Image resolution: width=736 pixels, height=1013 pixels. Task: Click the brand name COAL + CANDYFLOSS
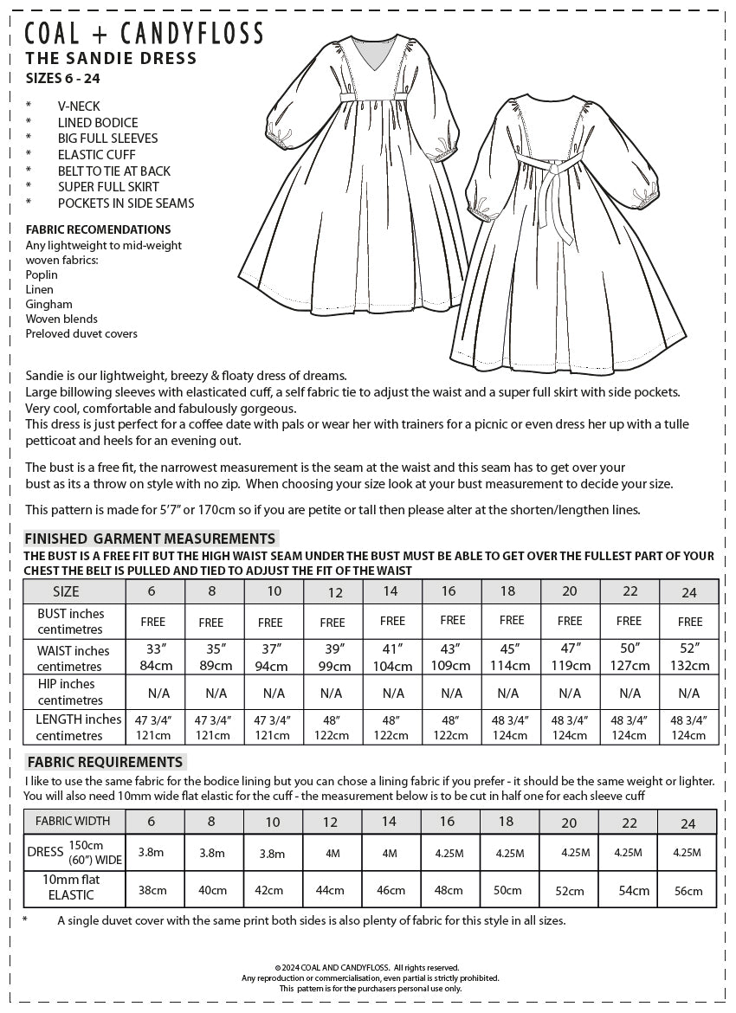(x=145, y=34)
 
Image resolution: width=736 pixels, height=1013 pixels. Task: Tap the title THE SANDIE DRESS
(x=112, y=59)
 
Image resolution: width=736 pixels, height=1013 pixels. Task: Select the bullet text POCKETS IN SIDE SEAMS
(x=126, y=203)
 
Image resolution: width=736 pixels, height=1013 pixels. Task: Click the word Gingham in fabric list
(x=48, y=304)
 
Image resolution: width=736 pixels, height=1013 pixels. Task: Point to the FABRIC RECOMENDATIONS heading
(x=98, y=229)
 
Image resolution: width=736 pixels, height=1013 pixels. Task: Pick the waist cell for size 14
(x=392, y=657)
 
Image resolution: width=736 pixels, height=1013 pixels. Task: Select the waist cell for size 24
(x=690, y=657)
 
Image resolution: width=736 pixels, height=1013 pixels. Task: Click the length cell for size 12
(x=332, y=727)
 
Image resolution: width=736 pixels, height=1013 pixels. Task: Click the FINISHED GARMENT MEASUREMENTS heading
(x=150, y=539)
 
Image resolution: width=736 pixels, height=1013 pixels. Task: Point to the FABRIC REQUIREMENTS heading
(x=105, y=762)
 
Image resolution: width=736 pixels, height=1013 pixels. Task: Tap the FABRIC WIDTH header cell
(x=73, y=821)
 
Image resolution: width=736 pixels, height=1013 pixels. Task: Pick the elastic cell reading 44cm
(x=332, y=890)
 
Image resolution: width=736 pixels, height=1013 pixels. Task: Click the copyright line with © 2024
(x=367, y=967)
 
